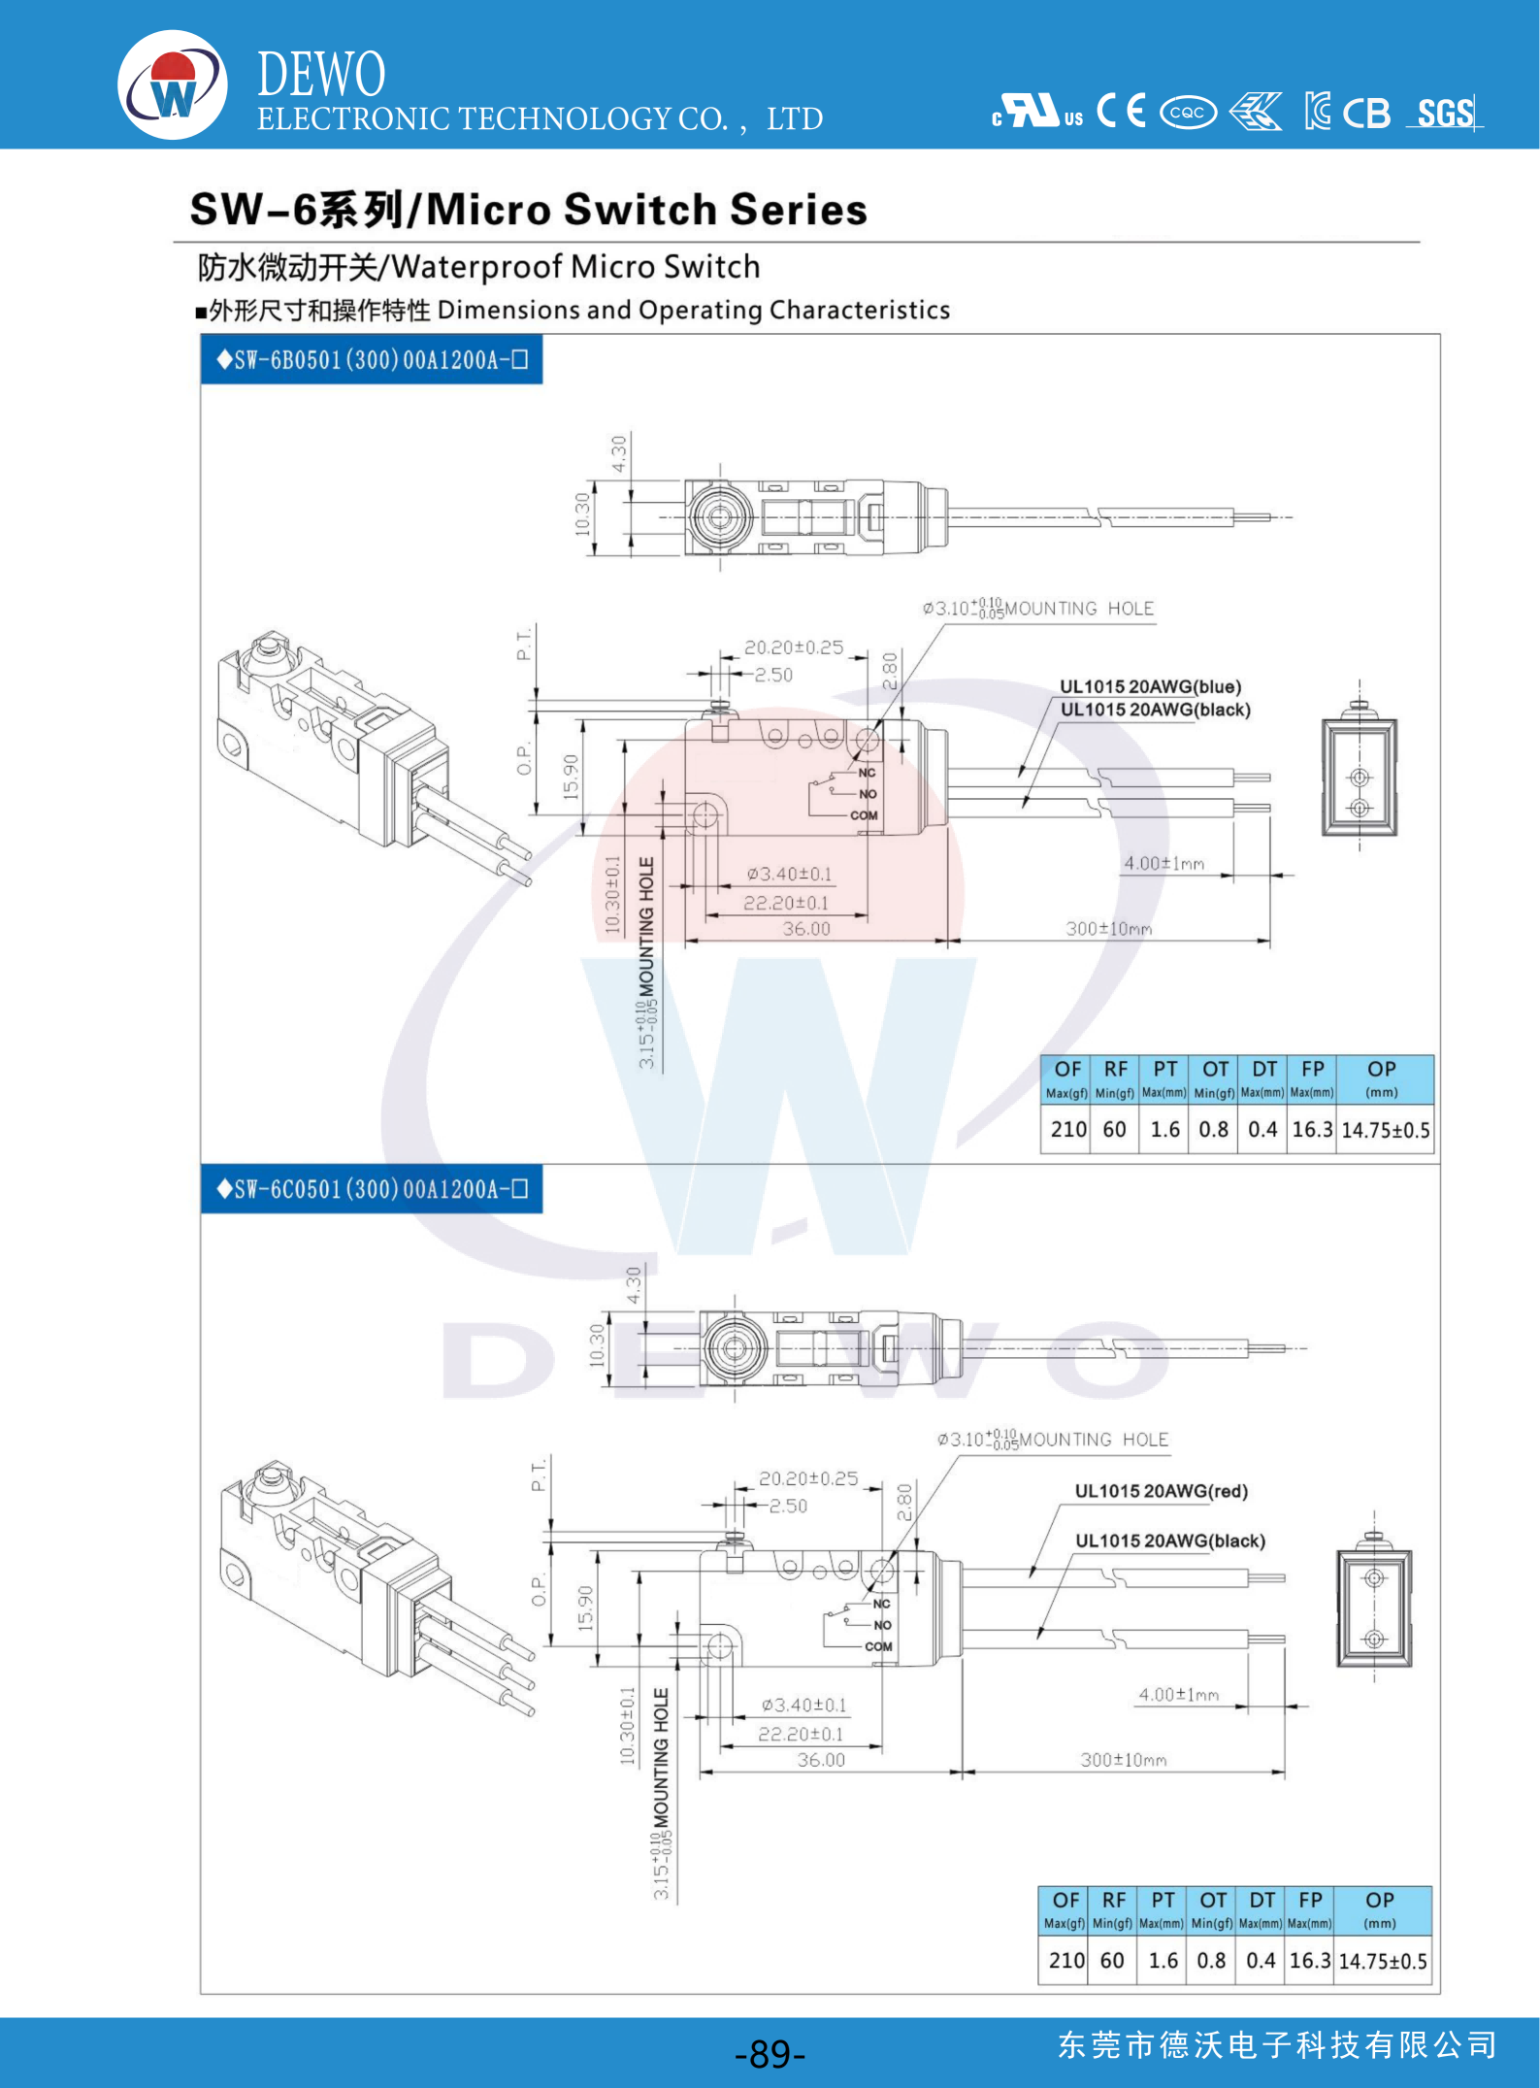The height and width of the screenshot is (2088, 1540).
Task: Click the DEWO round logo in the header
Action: pyautogui.click(x=173, y=84)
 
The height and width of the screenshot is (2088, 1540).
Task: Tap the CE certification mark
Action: pyautogui.click(x=1121, y=111)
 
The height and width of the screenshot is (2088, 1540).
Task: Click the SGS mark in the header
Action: pyautogui.click(x=1445, y=114)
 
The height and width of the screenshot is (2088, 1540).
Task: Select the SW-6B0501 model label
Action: pyautogui.click(x=372, y=360)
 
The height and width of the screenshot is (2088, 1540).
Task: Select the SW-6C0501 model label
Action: pyautogui.click(x=372, y=1189)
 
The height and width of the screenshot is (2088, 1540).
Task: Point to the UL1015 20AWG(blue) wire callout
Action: pyautogui.click(x=1150, y=686)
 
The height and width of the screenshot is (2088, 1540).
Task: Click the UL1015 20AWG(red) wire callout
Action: pyautogui.click(x=1161, y=1491)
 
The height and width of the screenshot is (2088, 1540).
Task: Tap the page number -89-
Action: pyautogui.click(x=770, y=2053)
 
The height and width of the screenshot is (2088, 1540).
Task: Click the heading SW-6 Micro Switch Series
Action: pyautogui.click(x=529, y=210)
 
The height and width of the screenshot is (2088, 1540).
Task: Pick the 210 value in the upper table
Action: pyautogui.click(x=1067, y=1129)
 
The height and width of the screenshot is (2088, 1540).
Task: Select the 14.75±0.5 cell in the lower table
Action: pyautogui.click(x=1382, y=1961)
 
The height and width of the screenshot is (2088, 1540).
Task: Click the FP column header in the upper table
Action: pyautogui.click(x=1312, y=1070)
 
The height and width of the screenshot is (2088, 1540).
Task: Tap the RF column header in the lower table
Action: pyautogui.click(x=1113, y=1900)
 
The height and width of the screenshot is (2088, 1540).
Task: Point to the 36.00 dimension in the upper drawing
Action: pyautogui.click(x=806, y=929)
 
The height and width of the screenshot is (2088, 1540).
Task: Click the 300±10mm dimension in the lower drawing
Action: pyautogui.click(x=1124, y=1760)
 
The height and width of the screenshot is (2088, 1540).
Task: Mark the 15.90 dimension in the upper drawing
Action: pyautogui.click(x=572, y=777)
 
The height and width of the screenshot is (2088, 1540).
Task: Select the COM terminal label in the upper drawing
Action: pyautogui.click(x=864, y=815)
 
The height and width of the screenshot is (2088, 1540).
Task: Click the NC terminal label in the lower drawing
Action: pyautogui.click(x=881, y=1604)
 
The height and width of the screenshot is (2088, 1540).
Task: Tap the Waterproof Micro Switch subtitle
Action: pyautogui.click(x=479, y=267)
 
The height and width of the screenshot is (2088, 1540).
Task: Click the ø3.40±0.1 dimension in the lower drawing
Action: pyautogui.click(x=803, y=1706)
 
